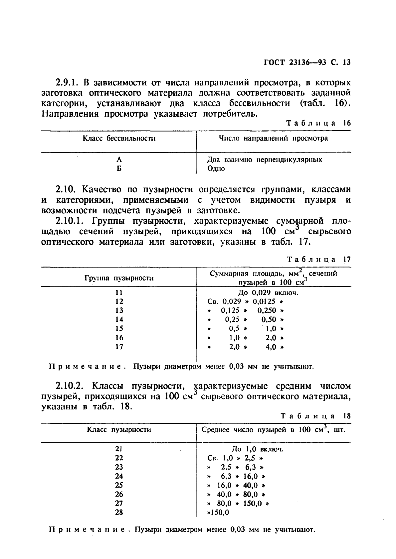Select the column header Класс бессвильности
[119, 138]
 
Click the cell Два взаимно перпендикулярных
[265, 160]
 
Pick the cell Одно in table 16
[216, 168]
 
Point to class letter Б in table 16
[119, 168]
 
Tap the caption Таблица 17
[318, 259]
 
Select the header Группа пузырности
[119, 278]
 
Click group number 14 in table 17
[119, 320]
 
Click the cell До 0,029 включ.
[268, 293]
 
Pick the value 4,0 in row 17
[271, 347]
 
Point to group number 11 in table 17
[119, 293]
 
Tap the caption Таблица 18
[315, 416]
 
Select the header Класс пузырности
[119, 430]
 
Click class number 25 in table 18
[119, 485]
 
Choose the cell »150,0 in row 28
[218, 512]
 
